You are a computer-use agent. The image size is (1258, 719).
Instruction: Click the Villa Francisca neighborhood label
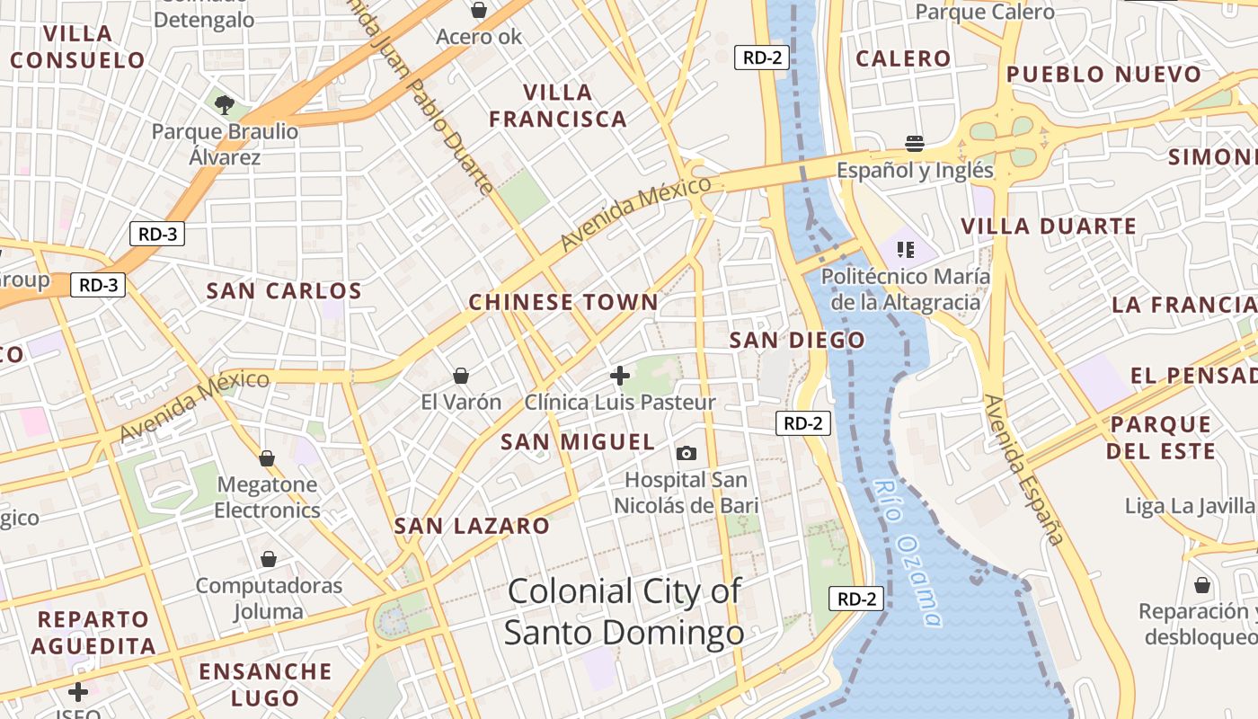tap(557, 105)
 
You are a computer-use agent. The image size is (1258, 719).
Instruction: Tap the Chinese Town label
tap(563, 303)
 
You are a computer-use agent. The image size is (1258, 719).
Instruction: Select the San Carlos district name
tap(284, 291)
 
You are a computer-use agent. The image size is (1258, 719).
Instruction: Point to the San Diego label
tap(797, 341)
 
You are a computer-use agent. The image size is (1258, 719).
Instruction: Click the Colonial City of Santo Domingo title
tap(625, 612)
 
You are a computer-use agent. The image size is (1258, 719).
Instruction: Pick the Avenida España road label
tap(1023, 469)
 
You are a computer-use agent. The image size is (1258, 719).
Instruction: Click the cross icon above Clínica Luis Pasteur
tap(619, 375)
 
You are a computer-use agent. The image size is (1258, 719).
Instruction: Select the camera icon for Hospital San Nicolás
tap(687, 453)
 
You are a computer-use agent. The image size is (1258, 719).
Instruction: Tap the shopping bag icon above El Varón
tap(461, 375)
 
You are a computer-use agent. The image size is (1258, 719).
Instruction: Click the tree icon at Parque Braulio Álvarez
tap(225, 105)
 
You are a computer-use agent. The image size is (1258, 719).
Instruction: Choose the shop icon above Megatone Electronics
tap(267, 458)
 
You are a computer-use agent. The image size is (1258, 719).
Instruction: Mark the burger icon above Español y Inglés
tap(915, 144)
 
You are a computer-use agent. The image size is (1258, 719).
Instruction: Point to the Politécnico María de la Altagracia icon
tap(905, 249)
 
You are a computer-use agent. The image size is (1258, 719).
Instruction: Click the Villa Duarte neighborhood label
tap(1049, 226)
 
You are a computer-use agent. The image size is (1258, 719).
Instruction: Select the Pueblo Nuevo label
tap(1103, 75)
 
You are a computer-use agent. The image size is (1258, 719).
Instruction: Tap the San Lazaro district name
tap(472, 527)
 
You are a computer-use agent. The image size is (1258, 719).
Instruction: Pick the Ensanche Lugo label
tap(265, 684)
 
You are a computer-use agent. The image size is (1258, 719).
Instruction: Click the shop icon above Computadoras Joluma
tap(268, 559)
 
